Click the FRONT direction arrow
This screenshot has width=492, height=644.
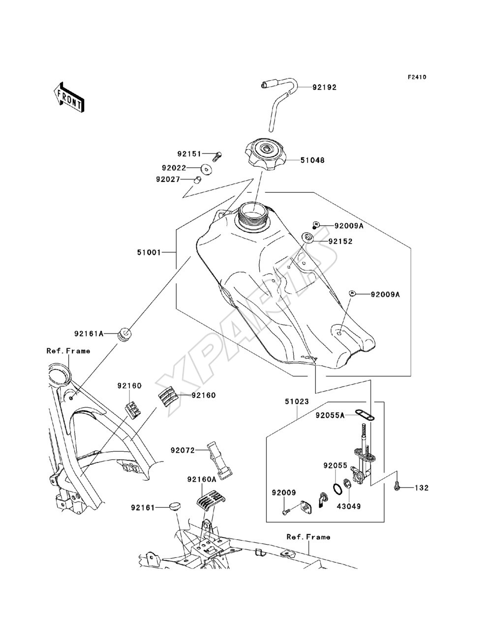coord(69,97)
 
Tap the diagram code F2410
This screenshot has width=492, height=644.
coord(417,77)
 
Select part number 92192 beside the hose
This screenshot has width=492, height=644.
coord(324,88)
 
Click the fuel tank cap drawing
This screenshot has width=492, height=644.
coord(266,156)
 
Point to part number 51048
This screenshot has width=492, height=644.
coord(312,160)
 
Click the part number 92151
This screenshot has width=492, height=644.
coord(189,153)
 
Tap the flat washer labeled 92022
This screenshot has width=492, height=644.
coord(207,169)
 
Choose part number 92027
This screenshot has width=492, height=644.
coord(168,179)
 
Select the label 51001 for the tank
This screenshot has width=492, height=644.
coord(149,252)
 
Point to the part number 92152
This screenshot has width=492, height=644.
coord(340,242)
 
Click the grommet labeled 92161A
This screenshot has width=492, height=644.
coord(125,335)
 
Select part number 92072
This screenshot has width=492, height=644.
coord(183,450)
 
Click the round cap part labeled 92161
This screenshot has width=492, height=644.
coord(175,506)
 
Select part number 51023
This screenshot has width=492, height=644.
coord(297,401)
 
